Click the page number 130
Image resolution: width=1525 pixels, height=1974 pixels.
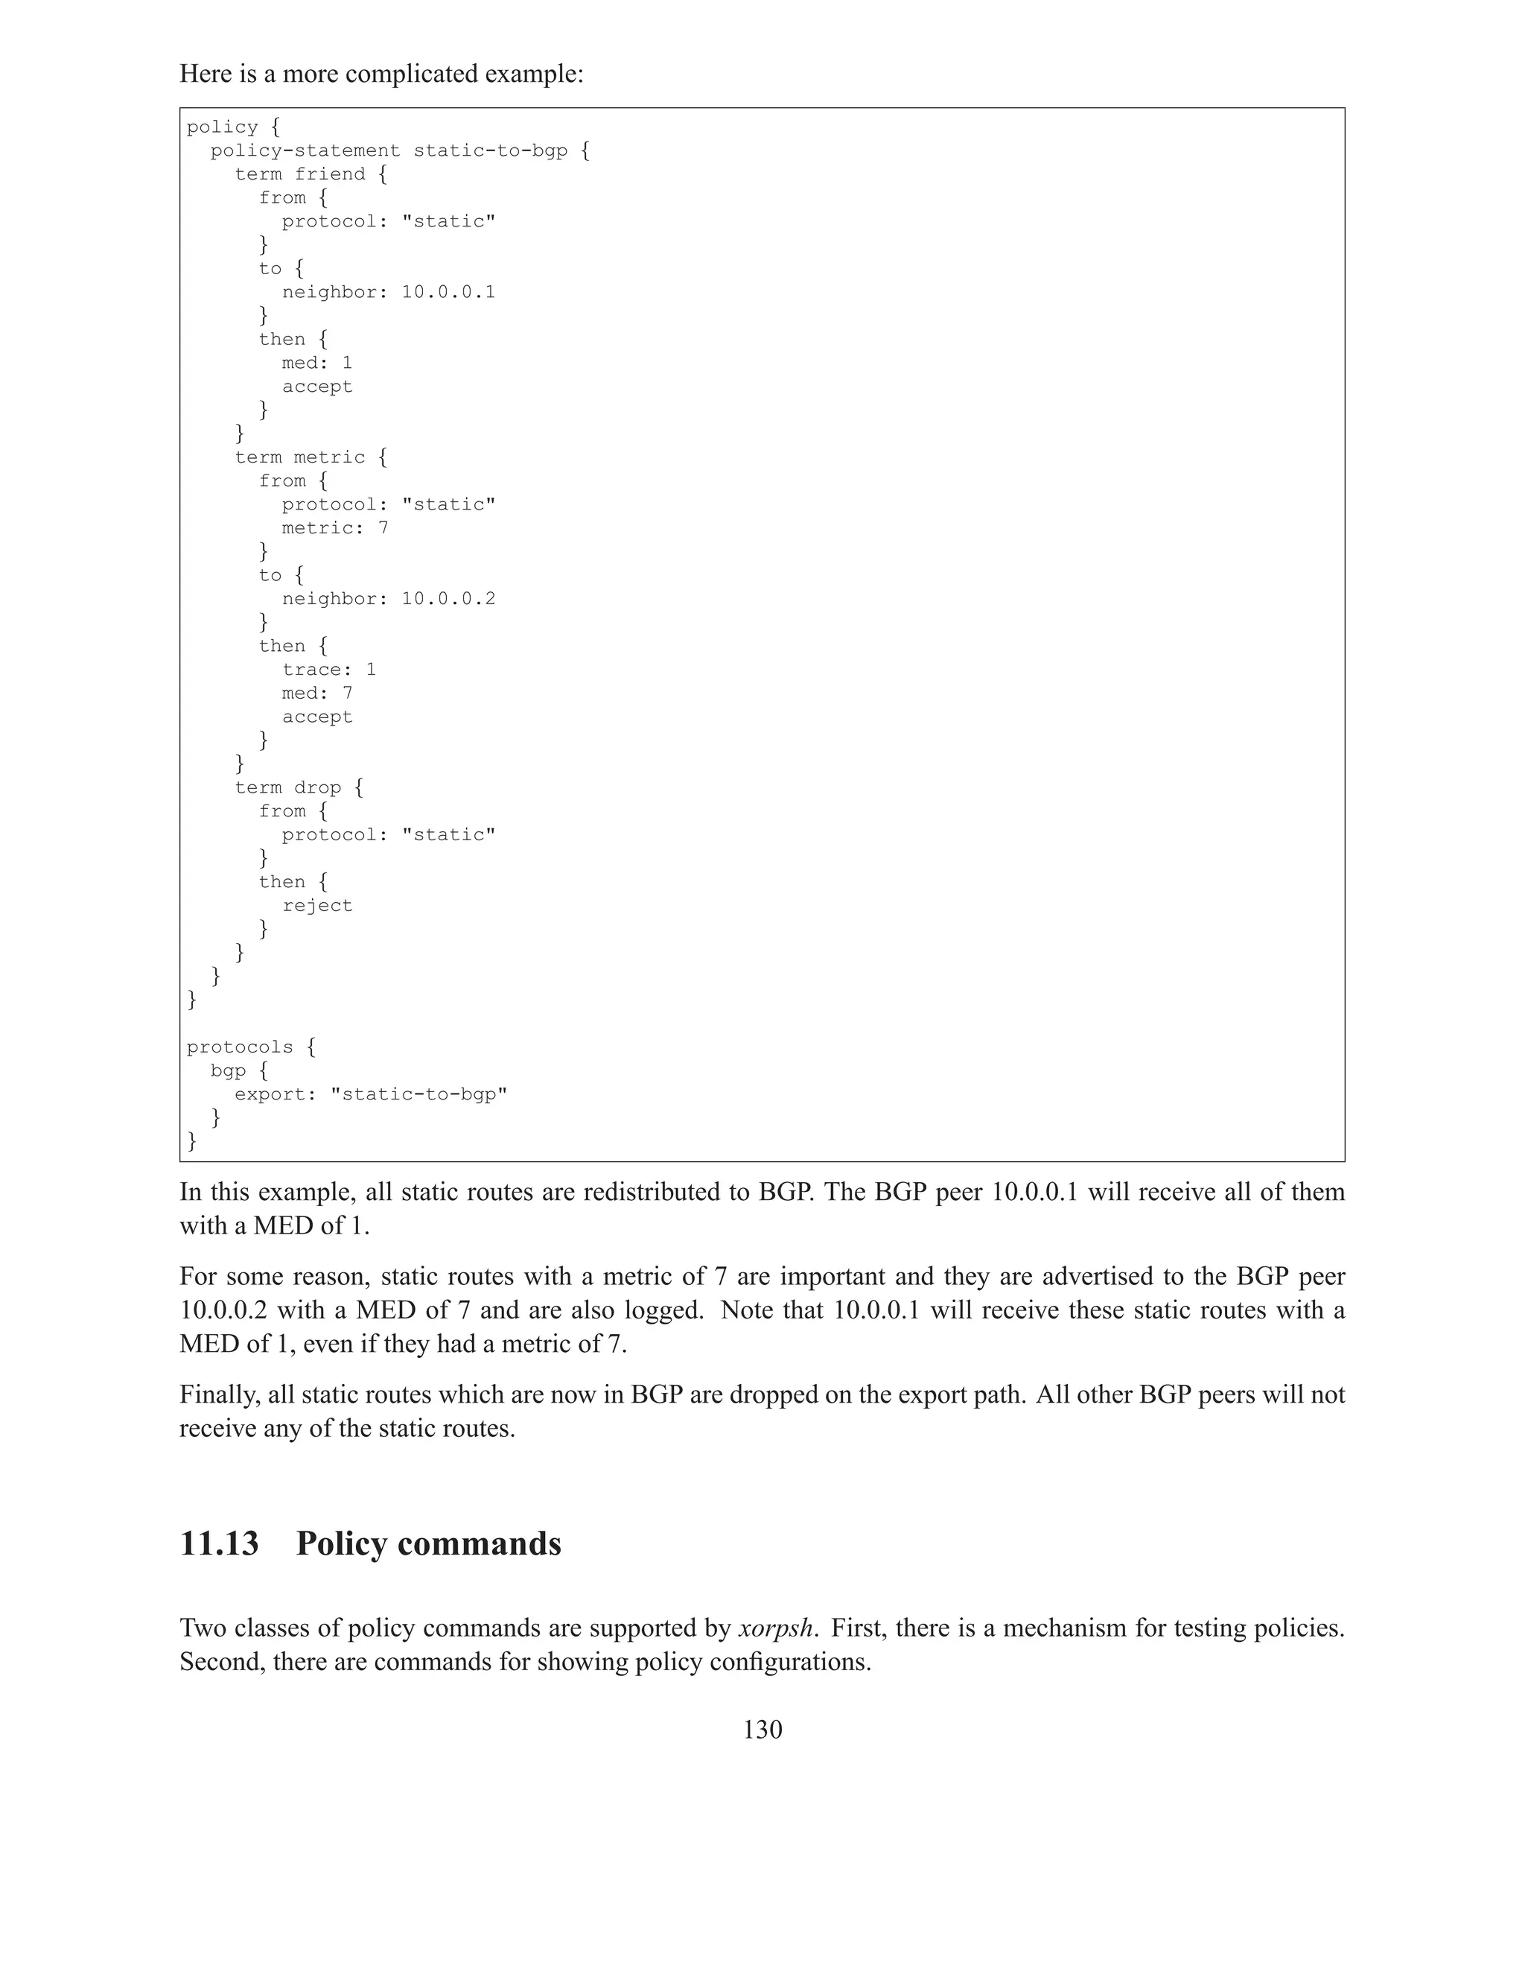click(762, 1729)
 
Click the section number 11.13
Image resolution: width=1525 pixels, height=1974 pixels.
click(219, 1543)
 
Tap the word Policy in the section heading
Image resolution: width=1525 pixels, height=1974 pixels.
click(343, 1543)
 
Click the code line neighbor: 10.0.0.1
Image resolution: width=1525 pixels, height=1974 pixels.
click(389, 292)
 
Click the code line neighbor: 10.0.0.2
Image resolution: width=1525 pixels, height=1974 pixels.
click(389, 598)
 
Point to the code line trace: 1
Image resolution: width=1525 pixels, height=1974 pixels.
click(329, 669)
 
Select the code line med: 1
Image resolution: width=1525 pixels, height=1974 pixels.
click(317, 363)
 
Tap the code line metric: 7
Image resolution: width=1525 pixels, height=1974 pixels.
click(335, 528)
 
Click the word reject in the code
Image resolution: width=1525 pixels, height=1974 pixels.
click(317, 905)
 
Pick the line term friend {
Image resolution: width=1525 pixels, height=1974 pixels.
click(311, 174)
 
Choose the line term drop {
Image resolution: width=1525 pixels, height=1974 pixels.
click(299, 787)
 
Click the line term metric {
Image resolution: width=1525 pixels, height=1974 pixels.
click(311, 457)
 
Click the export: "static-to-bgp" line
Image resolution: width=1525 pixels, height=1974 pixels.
click(370, 1094)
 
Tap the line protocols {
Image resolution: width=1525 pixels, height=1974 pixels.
click(251, 1047)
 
